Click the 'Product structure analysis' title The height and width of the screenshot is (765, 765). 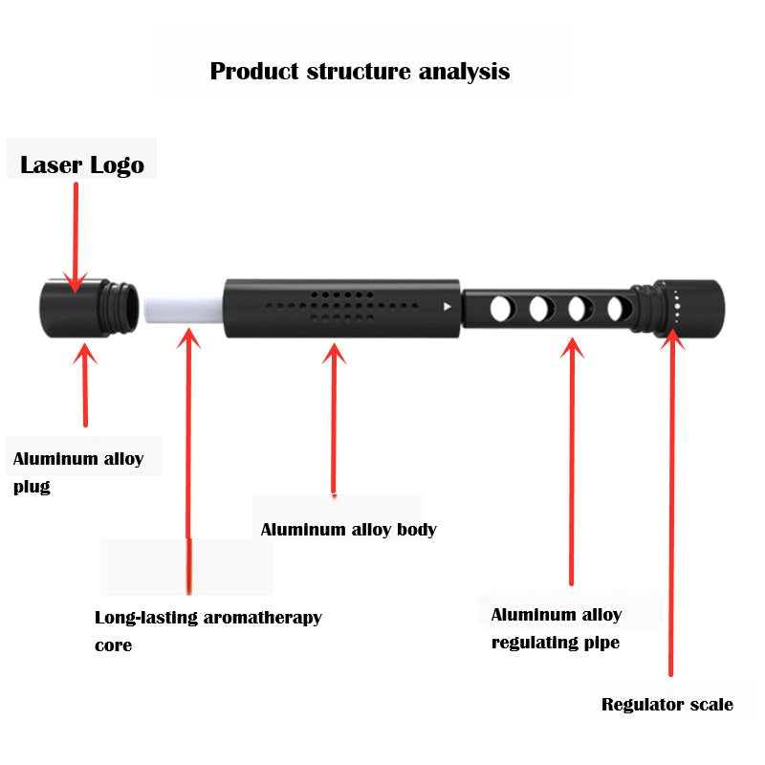[x=360, y=72]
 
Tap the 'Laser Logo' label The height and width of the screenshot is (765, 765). [x=82, y=164]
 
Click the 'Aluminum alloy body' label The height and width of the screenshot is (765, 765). [x=348, y=529]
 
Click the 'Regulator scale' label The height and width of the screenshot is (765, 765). [x=667, y=705]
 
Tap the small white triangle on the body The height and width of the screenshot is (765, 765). [x=447, y=307]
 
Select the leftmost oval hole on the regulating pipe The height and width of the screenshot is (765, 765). [x=499, y=308]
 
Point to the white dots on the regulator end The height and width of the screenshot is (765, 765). [x=677, y=305]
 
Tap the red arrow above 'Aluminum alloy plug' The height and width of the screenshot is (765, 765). [x=86, y=382]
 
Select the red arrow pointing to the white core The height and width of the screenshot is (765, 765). [x=189, y=440]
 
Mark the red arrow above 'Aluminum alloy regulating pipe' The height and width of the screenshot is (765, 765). [x=572, y=459]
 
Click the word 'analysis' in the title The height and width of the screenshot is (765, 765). [x=464, y=72]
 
